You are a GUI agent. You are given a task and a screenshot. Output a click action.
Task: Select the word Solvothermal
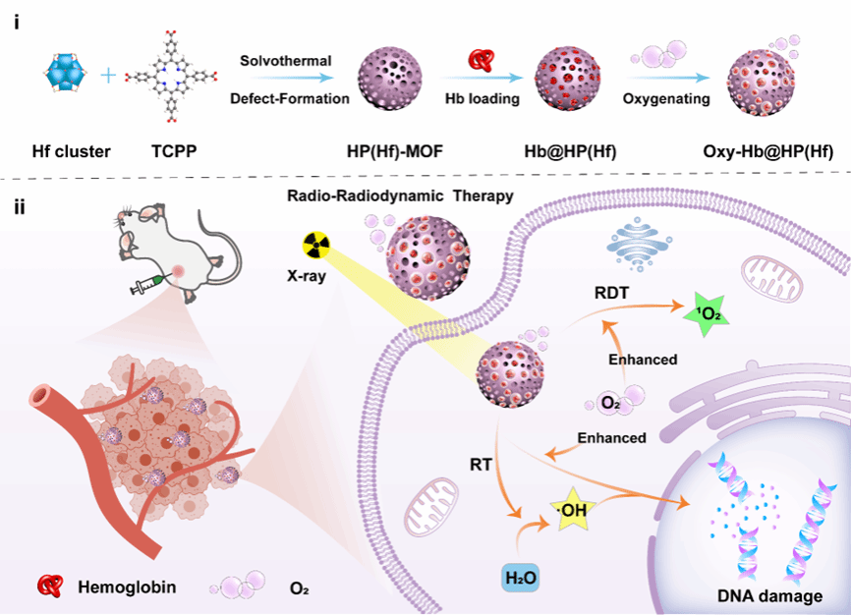click(x=286, y=61)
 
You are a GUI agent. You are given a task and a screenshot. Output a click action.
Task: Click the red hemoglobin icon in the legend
click(x=48, y=587)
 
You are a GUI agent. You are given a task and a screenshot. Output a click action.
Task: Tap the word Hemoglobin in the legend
click(x=127, y=588)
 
